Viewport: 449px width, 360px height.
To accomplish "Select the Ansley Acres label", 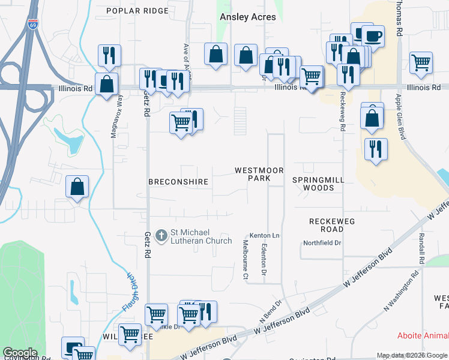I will coord(248,17).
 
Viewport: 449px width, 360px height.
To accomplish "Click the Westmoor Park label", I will coord(259,175).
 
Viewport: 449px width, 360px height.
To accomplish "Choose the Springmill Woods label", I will coord(313,184).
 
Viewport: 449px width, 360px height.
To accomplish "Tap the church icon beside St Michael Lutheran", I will coord(161,236).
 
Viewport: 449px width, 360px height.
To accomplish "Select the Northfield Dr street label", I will coord(322,243).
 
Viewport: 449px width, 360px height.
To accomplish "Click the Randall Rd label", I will coord(422,250).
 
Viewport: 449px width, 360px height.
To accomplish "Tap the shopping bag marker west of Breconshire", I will coord(77,187).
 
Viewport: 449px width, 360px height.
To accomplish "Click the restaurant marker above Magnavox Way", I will coord(109,55).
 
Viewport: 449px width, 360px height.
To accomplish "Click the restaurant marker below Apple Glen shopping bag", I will coord(375,149).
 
